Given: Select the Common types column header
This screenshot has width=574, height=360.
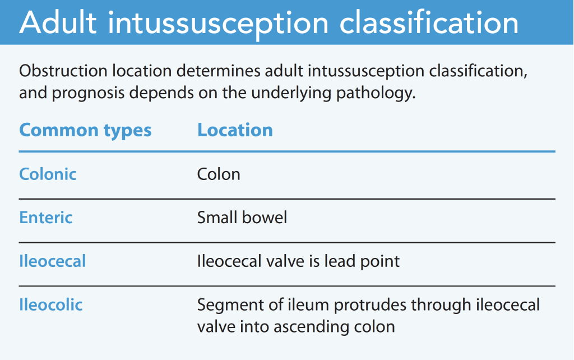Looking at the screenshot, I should [x=85, y=130].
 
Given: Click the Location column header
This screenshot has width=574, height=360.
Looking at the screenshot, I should [x=235, y=130].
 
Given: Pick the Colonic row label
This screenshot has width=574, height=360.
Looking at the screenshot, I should [x=48, y=174].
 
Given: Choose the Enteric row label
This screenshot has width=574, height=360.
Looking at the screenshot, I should [x=46, y=218].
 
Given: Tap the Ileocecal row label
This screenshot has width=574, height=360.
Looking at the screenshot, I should [x=53, y=261].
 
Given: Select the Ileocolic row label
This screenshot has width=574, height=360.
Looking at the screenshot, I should [x=51, y=305].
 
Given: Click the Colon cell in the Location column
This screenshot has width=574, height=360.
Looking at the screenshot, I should [x=219, y=174].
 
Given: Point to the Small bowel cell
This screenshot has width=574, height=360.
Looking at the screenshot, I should [x=242, y=218].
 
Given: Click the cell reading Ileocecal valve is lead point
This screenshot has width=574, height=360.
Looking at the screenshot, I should [x=298, y=261].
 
